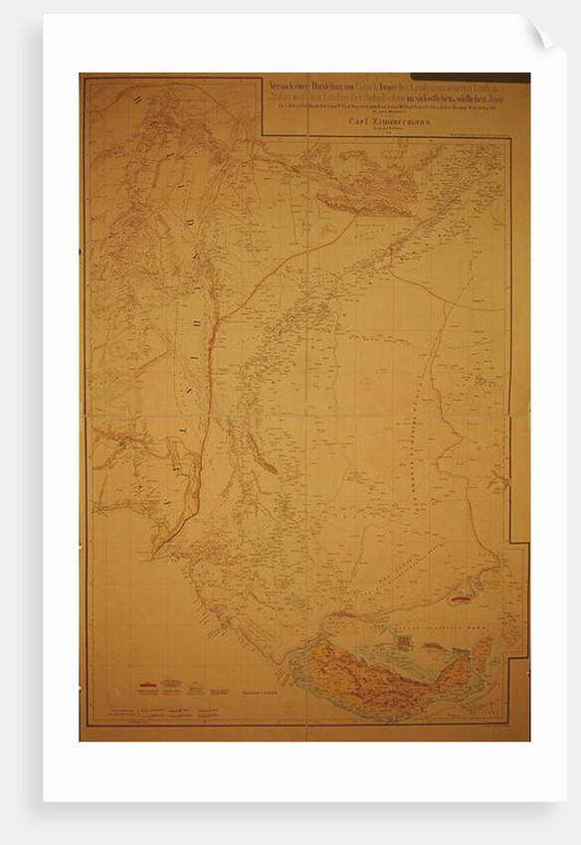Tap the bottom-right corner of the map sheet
pos(529,741)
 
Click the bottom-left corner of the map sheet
pos(81,741)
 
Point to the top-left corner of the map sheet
pos(81,74)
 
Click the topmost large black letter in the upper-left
pos(132,96)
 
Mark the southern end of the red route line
pos(154,553)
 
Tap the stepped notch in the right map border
pos(517,543)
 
